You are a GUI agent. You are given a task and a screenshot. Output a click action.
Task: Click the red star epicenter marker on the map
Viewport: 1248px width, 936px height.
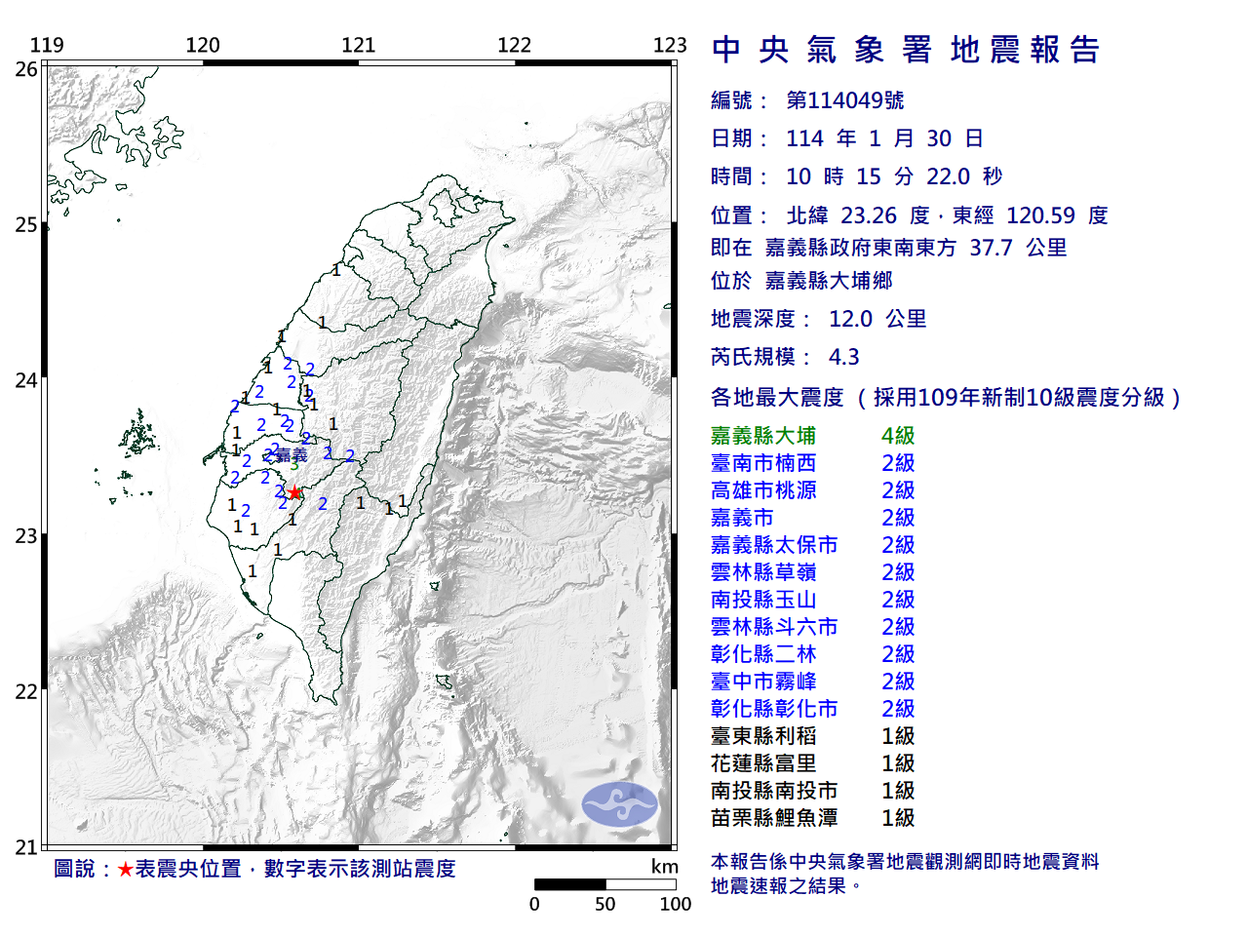tap(294, 492)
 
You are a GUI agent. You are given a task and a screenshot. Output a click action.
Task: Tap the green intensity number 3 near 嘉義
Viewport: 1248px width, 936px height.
tap(294, 466)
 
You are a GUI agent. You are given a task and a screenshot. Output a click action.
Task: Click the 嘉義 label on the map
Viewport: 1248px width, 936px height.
tap(292, 454)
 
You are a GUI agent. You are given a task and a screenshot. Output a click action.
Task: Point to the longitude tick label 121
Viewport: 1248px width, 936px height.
tap(358, 45)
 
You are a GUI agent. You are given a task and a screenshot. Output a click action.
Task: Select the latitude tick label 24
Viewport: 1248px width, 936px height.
tap(26, 380)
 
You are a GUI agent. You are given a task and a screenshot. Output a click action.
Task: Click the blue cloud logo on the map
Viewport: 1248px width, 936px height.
tap(619, 804)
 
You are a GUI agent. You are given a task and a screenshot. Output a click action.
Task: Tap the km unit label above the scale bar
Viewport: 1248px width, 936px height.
tap(664, 867)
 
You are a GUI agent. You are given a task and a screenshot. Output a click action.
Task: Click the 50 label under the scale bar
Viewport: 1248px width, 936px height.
tap(605, 904)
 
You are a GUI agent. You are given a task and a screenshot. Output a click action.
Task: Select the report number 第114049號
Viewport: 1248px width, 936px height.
tap(845, 100)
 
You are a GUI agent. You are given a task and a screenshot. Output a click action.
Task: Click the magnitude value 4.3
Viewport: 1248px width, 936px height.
tap(844, 357)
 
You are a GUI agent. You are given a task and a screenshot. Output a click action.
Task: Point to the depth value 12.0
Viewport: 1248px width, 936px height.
tap(850, 319)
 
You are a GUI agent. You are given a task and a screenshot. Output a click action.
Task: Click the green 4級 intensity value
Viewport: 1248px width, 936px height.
tap(898, 436)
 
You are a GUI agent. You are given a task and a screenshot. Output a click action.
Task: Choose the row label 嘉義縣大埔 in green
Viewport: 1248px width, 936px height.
tap(763, 436)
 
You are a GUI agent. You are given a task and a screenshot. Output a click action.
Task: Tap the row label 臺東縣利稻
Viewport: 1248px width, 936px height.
tap(763, 736)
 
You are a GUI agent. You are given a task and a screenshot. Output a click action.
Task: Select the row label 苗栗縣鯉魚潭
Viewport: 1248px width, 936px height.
tap(774, 818)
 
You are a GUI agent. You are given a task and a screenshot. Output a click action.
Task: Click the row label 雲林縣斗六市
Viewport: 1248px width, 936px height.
tap(774, 627)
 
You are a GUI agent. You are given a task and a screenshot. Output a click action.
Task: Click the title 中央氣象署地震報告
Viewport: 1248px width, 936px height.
tap(906, 50)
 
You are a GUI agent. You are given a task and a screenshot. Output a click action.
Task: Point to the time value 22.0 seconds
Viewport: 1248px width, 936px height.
tap(948, 176)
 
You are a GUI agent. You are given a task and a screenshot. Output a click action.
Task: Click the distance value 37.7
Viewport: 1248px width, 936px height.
tap(991, 248)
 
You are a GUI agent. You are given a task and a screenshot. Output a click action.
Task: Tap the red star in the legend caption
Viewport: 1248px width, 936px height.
tap(125, 869)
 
